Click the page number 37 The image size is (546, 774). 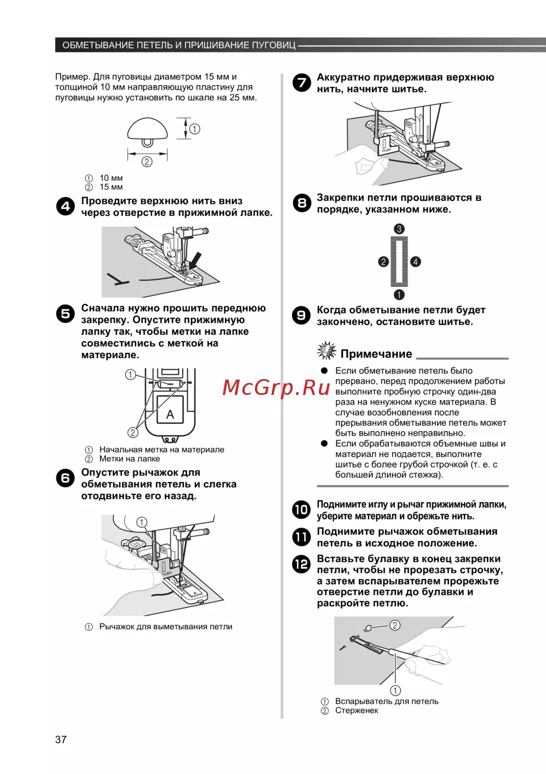(x=61, y=740)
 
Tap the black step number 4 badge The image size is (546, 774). (x=66, y=206)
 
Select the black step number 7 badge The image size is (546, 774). (x=301, y=83)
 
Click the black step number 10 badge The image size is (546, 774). (x=301, y=510)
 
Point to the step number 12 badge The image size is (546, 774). (x=301, y=564)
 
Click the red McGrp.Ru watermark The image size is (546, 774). (x=276, y=387)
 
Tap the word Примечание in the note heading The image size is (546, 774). (x=376, y=354)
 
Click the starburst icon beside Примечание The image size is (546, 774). (x=327, y=351)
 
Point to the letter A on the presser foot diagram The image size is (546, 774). (x=170, y=414)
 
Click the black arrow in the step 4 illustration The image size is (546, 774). (x=194, y=259)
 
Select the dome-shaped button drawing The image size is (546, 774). (x=147, y=130)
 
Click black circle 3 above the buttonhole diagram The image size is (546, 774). (x=399, y=229)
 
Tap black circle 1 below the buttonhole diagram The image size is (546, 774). (x=399, y=295)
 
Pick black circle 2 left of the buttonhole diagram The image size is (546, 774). (x=383, y=262)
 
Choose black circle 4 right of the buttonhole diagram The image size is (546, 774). (x=416, y=262)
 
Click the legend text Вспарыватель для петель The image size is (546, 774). (x=387, y=701)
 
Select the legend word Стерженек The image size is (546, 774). (x=357, y=711)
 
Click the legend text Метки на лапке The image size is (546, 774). (x=129, y=459)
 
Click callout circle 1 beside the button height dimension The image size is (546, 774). (x=194, y=129)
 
